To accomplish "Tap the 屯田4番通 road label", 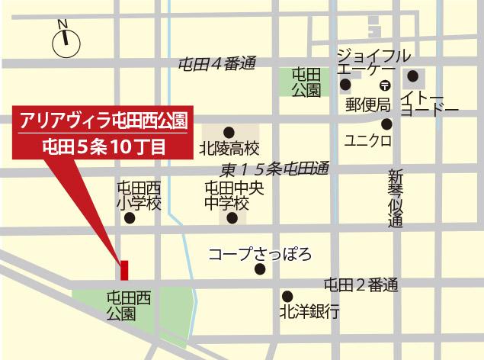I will click(x=215, y=63).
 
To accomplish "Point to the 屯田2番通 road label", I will click(x=361, y=286).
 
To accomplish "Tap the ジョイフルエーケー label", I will click(x=373, y=62).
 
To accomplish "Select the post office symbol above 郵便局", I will click(x=386, y=85).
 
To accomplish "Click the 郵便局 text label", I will click(x=367, y=103).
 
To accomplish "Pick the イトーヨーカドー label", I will click(x=430, y=103).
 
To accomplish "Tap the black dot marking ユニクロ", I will click(x=387, y=124).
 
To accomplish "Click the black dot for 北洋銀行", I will click(x=287, y=296).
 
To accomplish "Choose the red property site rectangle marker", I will click(x=123, y=270).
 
